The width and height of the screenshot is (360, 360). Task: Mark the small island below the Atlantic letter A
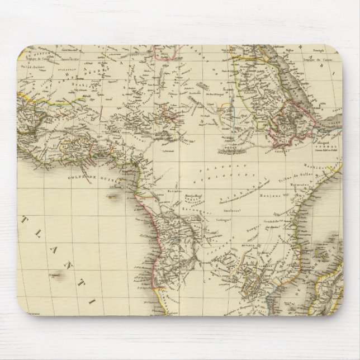coord(58,275)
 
